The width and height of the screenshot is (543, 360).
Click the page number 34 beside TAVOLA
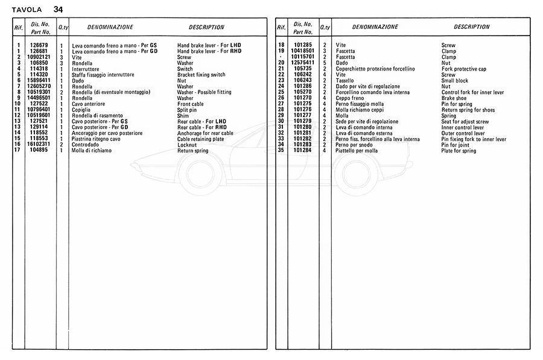click(57, 9)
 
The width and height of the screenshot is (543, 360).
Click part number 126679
click(40, 45)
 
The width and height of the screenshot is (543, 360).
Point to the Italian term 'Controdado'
click(86, 145)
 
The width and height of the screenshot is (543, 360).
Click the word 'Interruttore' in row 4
click(87, 69)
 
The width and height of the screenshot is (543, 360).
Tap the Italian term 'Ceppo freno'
click(351, 98)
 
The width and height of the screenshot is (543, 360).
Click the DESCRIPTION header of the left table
click(206, 27)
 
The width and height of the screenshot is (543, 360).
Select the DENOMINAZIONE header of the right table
click(375, 27)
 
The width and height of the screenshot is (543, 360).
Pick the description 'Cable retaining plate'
click(201, 139)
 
